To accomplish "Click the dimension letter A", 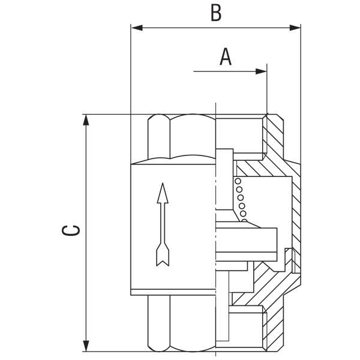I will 226,56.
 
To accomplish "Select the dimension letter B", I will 215,13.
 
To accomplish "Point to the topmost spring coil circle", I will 238,182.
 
